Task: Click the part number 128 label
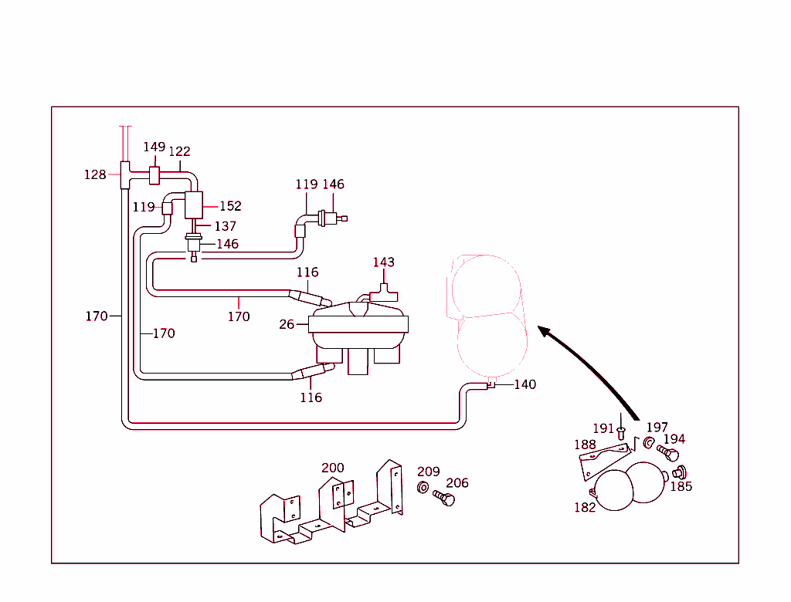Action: pyautogui.click(x=95, y=175)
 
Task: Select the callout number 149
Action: pyautogui.click(x=154, y=147)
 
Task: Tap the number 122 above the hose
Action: pyautogui.click(x=180, y=151)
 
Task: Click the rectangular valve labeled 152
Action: pyautogui.click(x=193, y=205)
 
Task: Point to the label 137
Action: pyautogui.click(x=225, y=226)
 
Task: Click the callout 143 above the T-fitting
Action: pyautogui.click(x=383, y=262)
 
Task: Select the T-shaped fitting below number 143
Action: pyautogui.click(x=383, y=293)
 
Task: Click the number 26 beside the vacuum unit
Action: pyautogui.click(x=287, y=324)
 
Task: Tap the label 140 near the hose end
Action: pyautogui.click(x=525, y=384)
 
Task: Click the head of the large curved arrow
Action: pyautogui.click(x=544, y=331)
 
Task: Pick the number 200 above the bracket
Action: pyautogui.click(x=333, y=468)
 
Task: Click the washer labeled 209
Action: pyautogui.click(x=423, y=488)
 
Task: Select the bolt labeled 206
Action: pyautogui.click(x=444, y=499)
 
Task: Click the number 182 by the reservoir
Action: pyautogui.click(x=585, y=507)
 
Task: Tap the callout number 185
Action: pyautogui.click(x=681, y=486)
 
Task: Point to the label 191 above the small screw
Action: pyautogui.click(x=603, y=428)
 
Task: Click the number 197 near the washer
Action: pyautogui.click(x=657, y=428)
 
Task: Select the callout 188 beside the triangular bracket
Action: pyautogui.click(x=585, y=445)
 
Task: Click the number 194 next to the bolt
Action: pyautogui.click(x=674, y=439)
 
